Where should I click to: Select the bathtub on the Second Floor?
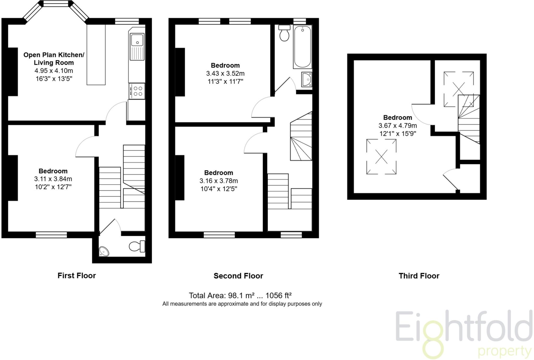point(302,47)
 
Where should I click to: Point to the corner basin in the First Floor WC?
point(104,251)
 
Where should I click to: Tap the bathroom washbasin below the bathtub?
point(307,79)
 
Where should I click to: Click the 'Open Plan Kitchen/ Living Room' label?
point(54,59)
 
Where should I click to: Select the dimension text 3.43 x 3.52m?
point(225,74)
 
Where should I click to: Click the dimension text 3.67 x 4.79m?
point(397,126)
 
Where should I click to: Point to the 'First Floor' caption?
point(77,275)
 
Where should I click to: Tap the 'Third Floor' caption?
point(419,276)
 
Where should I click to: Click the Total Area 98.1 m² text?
point(240,296)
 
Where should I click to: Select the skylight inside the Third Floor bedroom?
point(381,157)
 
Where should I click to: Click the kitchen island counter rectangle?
point(96,55)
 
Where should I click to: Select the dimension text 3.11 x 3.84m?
point(53,179)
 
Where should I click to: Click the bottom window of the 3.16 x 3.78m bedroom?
point(219,235)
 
